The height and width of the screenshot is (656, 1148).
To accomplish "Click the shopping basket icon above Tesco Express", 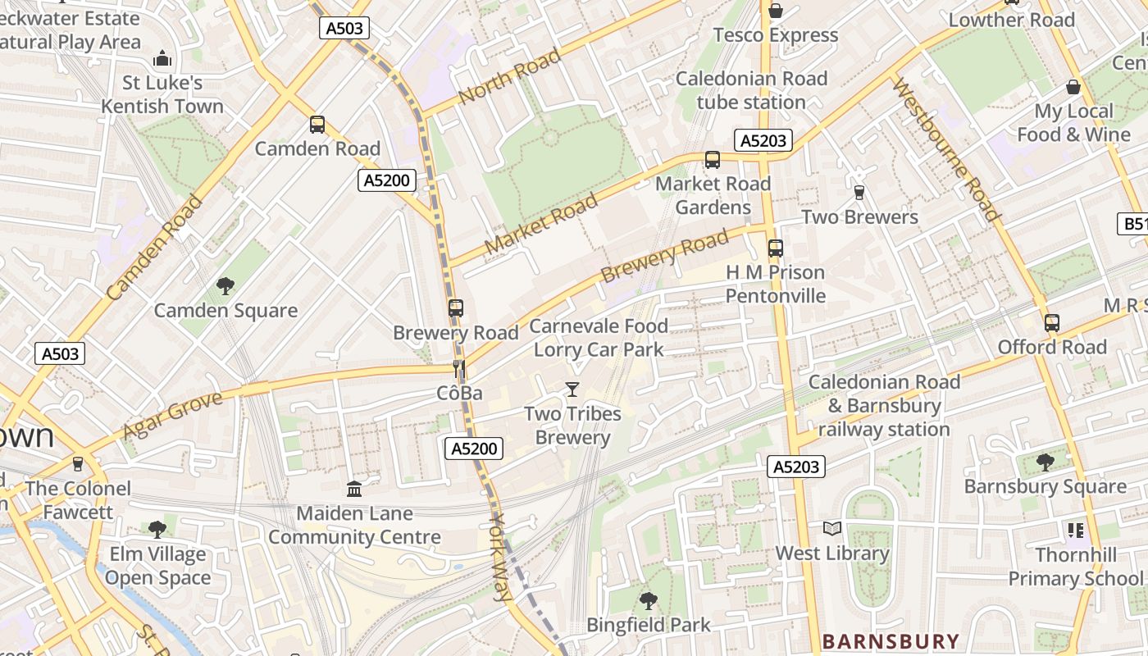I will [x=775, y=11].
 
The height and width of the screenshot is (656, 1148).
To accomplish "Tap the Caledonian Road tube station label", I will [x=751, y=90].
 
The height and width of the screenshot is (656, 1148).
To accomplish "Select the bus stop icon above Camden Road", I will [x=317, y=125].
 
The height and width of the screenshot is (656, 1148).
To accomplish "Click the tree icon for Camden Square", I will [x=225, y=286].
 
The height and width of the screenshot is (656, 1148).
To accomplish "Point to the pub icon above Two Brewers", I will [x=859, y=193].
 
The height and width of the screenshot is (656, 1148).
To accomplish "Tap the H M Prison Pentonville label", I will [x=775, y=284].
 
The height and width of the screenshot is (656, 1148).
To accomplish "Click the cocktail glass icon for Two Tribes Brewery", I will [x=572, y=389].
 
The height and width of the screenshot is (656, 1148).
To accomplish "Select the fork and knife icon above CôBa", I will [x=459, y=369].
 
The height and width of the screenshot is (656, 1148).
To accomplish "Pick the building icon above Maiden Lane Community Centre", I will [x=354, y=490].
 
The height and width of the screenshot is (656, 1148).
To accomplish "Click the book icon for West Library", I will [x=832, y=529].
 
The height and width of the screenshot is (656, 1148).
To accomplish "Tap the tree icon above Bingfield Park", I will [x=649, y=601].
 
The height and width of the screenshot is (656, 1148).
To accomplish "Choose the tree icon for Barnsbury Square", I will [x=1045, y=462].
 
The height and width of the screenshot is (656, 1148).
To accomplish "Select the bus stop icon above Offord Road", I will [x=1052, y=323].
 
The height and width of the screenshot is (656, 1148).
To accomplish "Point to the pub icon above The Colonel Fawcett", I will [x=78, y=464].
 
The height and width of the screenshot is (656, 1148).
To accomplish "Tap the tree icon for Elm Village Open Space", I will [x=157, y=530].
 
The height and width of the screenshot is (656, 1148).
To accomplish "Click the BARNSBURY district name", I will [x=890, y=641].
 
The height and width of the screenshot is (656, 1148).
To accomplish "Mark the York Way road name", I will [x=500, y=558].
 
